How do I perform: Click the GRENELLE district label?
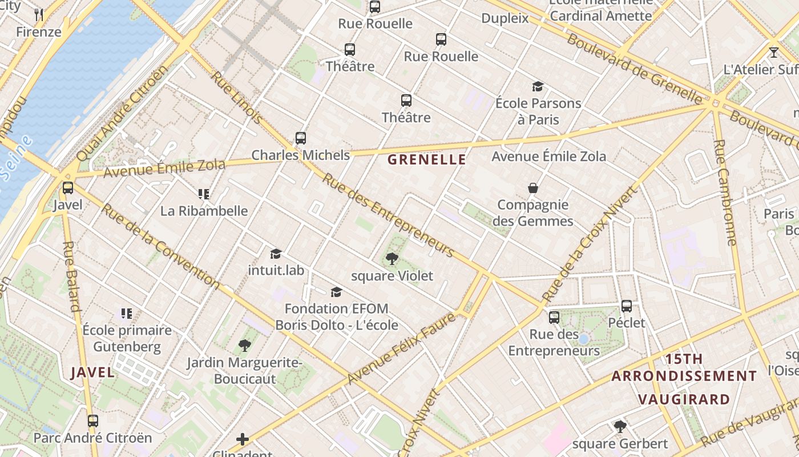coord(427,160)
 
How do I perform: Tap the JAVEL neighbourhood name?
coord(92,373)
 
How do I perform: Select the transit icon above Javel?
coord(68,187)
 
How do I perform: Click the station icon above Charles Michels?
coord(301,138)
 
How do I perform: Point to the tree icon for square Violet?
coord(392,259)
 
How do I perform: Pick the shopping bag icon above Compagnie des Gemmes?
coord(533,188)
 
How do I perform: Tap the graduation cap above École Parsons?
coord(538,86)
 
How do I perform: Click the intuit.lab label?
coord(276,270)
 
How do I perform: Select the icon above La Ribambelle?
coord(204,194)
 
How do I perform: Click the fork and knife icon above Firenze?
coord(39,15)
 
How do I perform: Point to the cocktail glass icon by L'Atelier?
coord(774,53)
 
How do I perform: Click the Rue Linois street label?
coord(237,97)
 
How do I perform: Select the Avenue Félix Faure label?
coord(402,348)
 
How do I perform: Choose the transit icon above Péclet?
coord(627,306)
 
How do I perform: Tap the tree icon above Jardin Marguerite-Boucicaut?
coord(245,345)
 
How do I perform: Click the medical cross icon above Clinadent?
coord(243,439)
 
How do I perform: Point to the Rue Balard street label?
coord(72,276)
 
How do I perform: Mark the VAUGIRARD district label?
coord(684,399)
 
